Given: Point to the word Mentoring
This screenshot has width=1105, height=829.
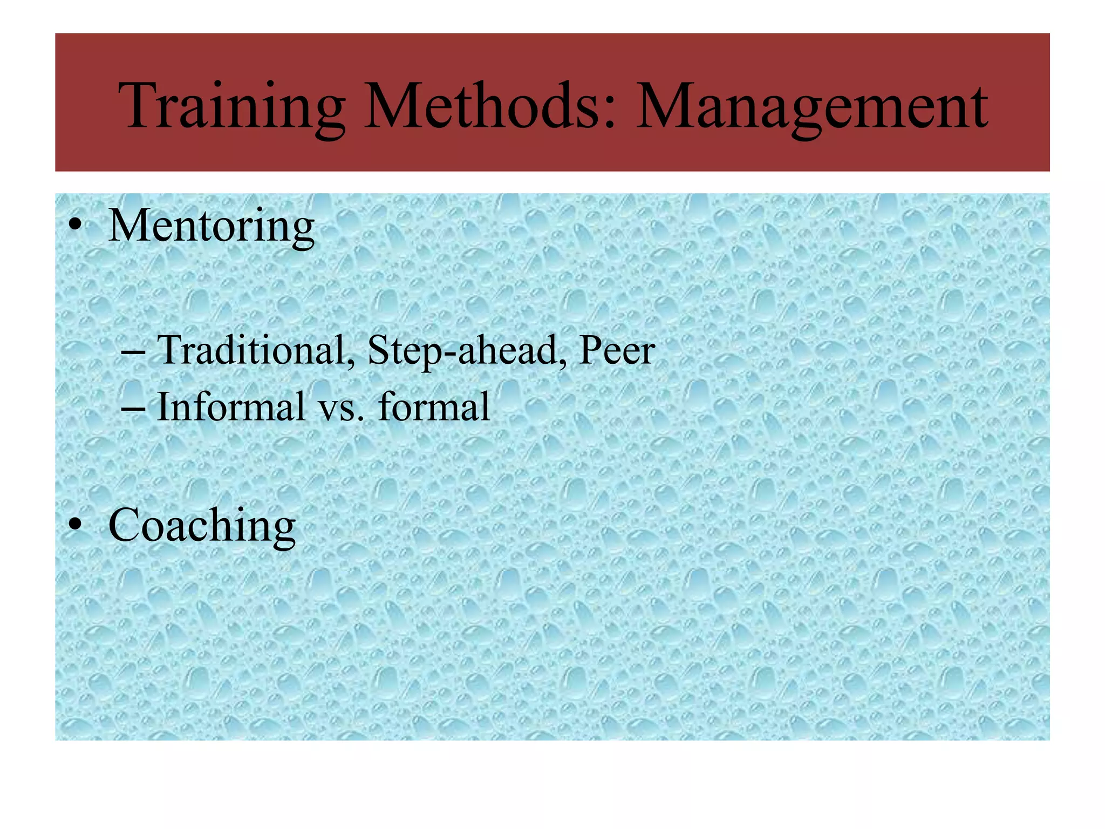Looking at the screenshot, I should pos(212,227).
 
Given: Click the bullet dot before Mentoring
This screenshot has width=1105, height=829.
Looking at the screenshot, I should pos(75,227).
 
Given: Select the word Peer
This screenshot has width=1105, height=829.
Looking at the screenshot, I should pos(616,351).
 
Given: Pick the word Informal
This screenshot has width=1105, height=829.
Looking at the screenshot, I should pos(231,407).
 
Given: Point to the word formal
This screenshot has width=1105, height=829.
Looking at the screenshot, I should pos(434,407).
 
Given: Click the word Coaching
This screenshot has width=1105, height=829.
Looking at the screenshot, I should pos(202,526).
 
